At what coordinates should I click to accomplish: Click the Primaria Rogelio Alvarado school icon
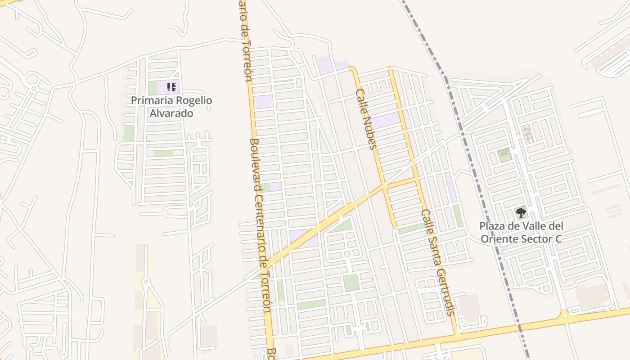click(171, 87)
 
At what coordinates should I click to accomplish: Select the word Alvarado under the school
click(171, 113)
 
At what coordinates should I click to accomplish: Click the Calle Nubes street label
click(365, 119)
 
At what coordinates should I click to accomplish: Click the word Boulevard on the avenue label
click(256, 162)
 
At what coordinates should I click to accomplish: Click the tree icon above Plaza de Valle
click(521, 212)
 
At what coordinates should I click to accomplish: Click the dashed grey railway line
click(477, 180)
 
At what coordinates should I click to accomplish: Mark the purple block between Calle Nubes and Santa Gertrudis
click(386, 121)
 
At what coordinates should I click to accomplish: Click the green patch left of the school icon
click(153, 88)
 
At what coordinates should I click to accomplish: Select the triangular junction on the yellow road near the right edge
click(564, 313)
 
